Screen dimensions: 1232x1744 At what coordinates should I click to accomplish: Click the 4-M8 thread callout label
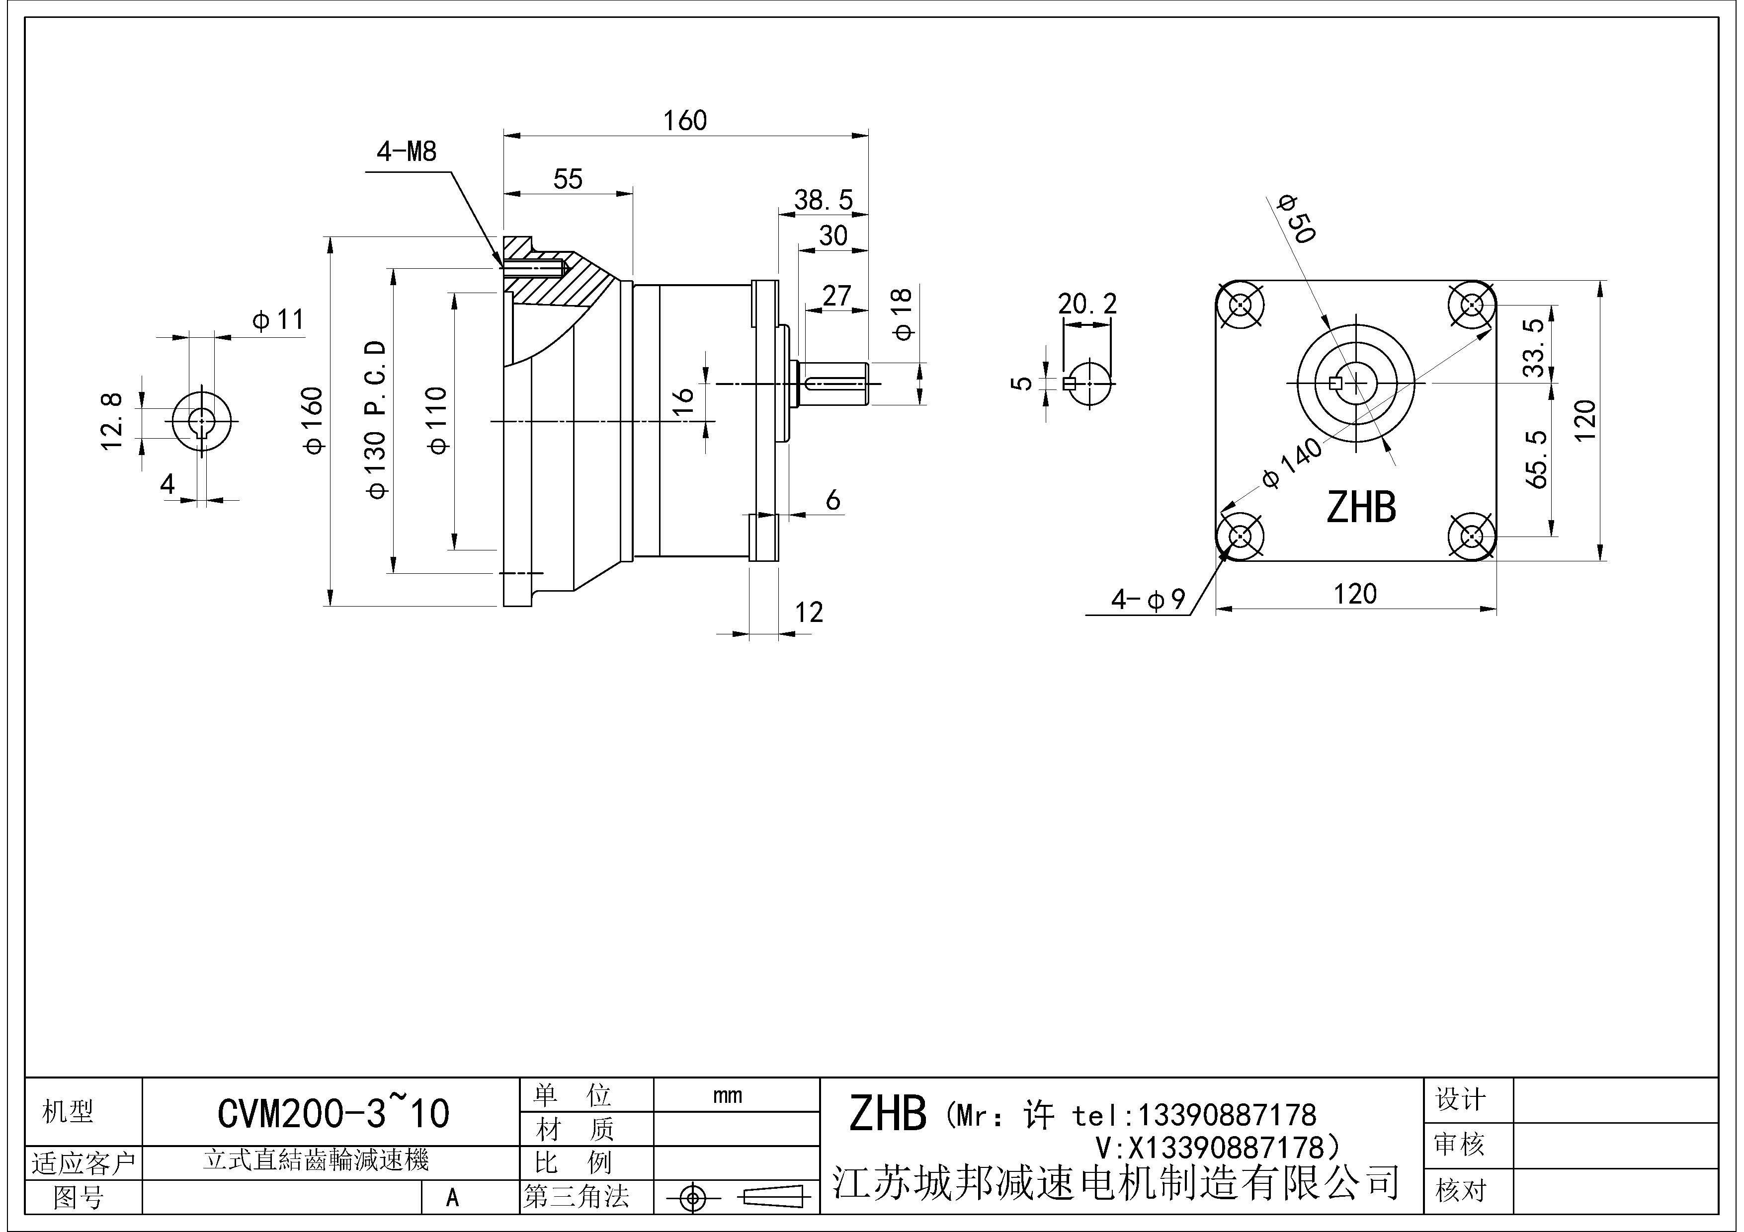point(407,152)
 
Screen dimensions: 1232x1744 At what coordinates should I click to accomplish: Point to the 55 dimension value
point(568,179)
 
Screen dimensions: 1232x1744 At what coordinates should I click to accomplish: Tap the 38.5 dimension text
point(824,200)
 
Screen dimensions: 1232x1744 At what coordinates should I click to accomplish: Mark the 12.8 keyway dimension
point(112,421)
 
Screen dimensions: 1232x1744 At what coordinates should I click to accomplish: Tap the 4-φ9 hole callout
point(1148,600)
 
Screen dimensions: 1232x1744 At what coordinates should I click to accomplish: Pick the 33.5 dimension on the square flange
point(1534,348)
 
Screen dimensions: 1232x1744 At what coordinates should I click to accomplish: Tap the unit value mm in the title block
point(727,1095)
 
